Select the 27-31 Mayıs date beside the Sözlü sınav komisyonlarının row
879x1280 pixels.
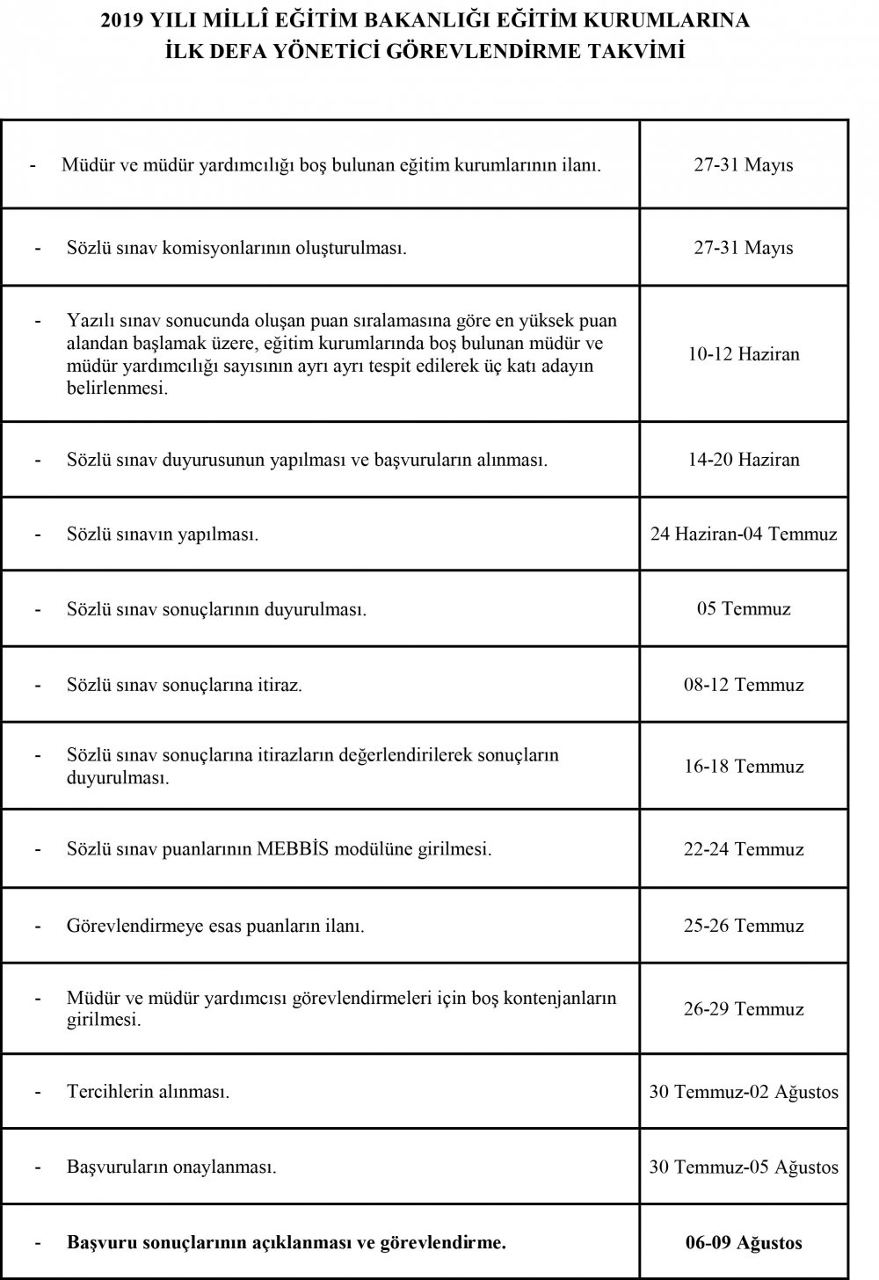click(x=743, y=248)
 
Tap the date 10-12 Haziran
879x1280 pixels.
click(x=743, y=354)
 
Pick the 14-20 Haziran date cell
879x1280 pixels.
click(x=743, y=460)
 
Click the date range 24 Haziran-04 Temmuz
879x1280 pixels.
click(x=743, y=534)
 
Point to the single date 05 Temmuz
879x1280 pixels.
click(x=743, y=608)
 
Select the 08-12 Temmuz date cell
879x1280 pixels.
click(x=743, y=685)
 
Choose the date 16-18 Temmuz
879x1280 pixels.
click(x=743, y=767)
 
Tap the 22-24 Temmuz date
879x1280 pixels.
click(x=743, y=850)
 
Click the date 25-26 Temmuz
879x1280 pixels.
click(x=743, y=926)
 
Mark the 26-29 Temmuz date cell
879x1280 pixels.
click(x=743, y=1009)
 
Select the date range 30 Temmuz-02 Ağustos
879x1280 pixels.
click(x=743, y=1093)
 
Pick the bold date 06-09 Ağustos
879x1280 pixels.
click(x=743, y=1243)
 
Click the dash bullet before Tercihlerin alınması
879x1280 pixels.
click(x=38, y=1093)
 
